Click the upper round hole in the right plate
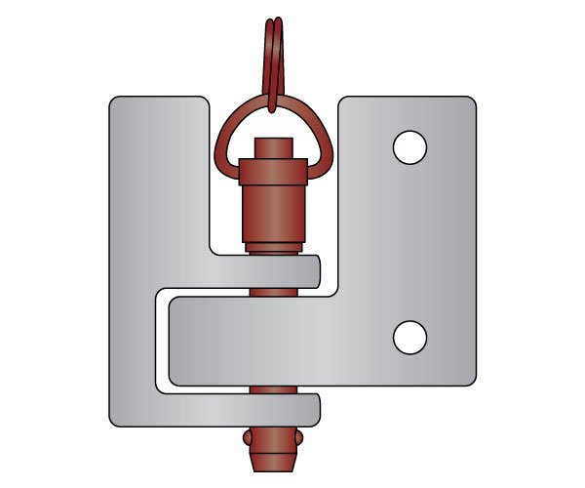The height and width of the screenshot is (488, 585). (409, 147)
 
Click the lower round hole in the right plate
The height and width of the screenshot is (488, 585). (409, 337)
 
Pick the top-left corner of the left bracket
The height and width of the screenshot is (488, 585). (113, 101)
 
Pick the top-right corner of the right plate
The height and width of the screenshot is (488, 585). (471, 101)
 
